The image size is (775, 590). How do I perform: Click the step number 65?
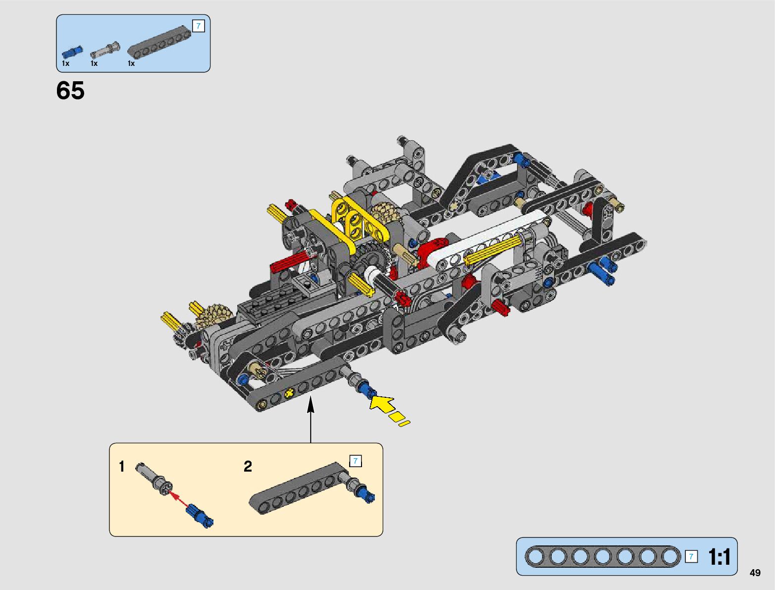(70, 90)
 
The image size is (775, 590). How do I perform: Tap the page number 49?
(755, 573)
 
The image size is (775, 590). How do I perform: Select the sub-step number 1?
(122, 467)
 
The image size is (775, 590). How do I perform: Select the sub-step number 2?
(248, 467)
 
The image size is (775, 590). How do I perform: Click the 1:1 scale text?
(719, 557)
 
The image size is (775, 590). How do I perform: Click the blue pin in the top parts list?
(72, 52)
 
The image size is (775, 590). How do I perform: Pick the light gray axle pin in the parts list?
(105, 50)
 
